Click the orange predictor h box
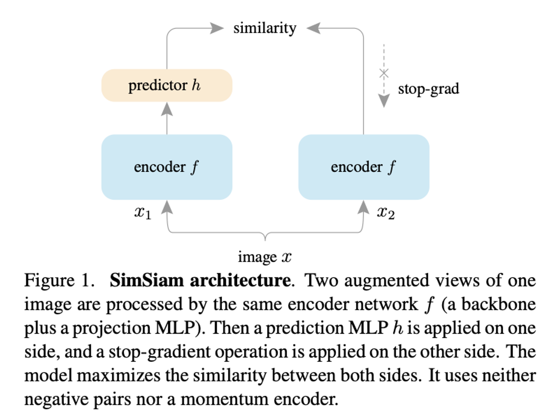tap(167, 85)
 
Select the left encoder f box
tap(167, 167)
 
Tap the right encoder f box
tap(364, 167)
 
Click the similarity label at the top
tap(265, 28)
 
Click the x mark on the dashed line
tap(384, 74)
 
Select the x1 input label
tap(143, 213)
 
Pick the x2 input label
tap(386, 213)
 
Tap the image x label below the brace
tap(265, 257)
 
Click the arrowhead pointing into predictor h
tap(167, 109)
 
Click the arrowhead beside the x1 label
tap(167, 207)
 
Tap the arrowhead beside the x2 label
tap(363, 207)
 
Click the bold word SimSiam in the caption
tap(147, 280)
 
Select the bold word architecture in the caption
tap(240, 280)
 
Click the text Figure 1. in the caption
tap(59, 280)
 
